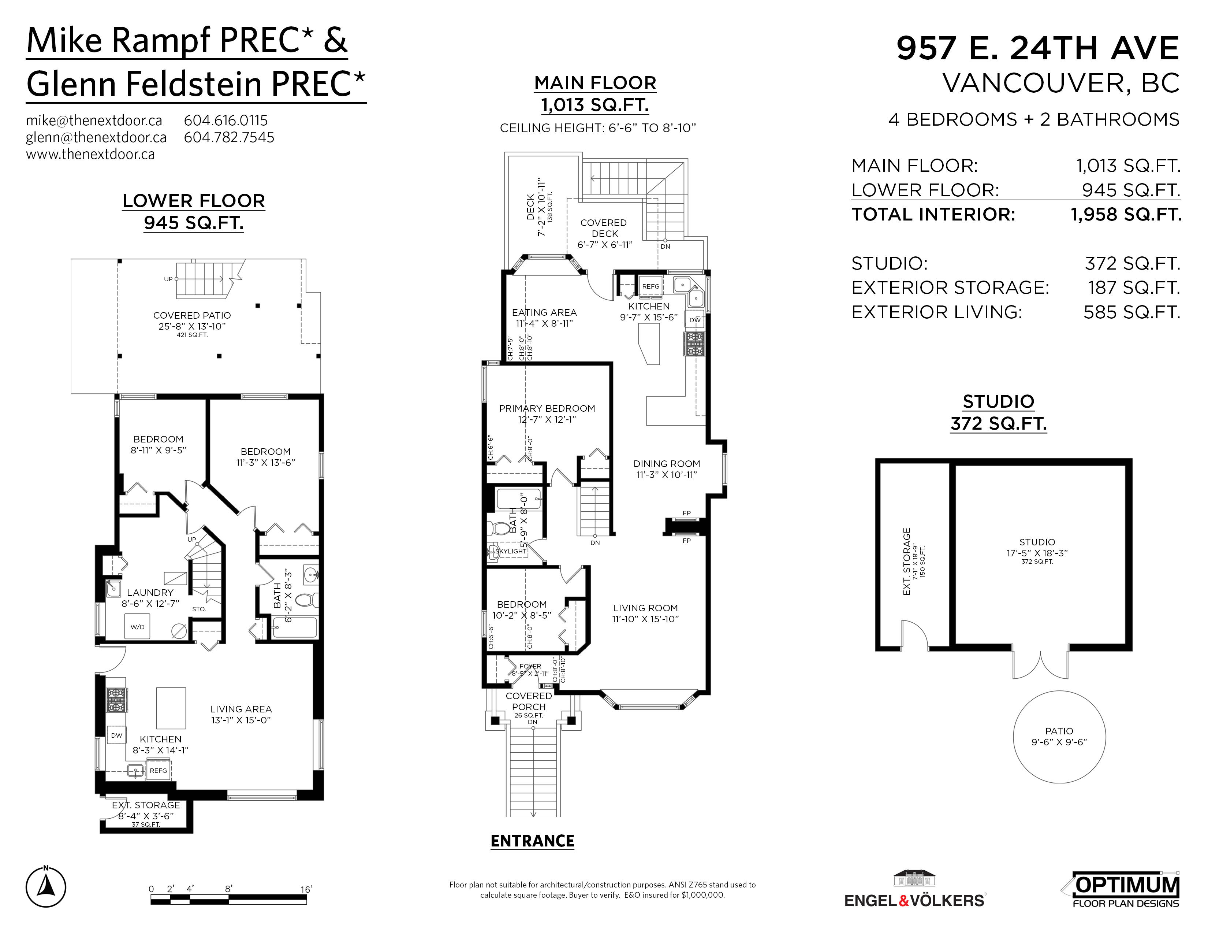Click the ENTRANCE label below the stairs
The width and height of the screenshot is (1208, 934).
tap(532, 841)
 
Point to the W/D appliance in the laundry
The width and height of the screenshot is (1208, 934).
tap(138, 627)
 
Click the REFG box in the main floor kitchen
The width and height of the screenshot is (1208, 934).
tap(650, 286)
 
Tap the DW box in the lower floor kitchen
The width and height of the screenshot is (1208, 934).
tap(116, 735)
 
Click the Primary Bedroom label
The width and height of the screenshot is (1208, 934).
tap(547, 408)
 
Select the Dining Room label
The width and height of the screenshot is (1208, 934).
tap(667, 464)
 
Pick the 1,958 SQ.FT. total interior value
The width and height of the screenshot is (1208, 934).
tap(1126, 215)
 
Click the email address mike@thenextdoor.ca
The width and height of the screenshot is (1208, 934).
tap(94, 121)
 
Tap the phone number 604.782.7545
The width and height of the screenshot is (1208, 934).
tap(229, 137)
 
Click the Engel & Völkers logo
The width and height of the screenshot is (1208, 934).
tap(915, 890)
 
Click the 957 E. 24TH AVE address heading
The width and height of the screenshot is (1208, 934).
tap(1038, 48)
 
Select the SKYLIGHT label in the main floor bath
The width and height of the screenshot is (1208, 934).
tap(511, 551)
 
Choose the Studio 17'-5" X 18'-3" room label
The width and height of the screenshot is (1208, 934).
tap(1037, 548)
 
